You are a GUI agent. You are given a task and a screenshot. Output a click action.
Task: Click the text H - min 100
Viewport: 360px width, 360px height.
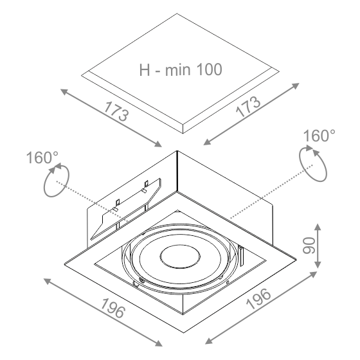point(181,69)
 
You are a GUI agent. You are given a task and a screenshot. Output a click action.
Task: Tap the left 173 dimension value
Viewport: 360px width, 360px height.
point(116,112)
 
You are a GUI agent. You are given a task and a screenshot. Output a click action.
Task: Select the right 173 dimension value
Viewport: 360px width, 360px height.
point(248,107)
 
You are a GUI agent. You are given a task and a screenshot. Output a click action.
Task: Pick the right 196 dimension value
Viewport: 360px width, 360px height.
point(258,299)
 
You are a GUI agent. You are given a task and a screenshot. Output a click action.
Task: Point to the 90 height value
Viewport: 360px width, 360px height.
point(309,246)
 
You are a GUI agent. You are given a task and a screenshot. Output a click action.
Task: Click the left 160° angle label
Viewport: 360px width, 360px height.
point(42,157)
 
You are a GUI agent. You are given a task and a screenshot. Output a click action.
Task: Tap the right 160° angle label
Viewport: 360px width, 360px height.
point(319,136)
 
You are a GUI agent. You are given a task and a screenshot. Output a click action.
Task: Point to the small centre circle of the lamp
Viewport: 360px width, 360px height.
point(180,257)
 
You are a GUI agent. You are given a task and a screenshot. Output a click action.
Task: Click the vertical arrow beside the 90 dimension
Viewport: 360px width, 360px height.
point(318,246)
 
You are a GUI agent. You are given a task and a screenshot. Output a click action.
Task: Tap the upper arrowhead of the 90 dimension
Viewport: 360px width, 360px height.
point(318,227)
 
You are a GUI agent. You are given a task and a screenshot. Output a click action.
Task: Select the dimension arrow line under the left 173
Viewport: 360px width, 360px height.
point(111,118)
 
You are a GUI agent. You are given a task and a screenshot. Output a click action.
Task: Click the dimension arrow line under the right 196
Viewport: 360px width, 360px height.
point(261,308)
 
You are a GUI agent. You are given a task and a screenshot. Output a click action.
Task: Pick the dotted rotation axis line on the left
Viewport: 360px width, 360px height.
point(91,201)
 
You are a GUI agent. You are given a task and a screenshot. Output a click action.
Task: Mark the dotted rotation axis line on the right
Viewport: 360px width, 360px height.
point(271,192)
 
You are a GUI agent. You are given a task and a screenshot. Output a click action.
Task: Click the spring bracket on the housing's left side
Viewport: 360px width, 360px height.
point(126,209)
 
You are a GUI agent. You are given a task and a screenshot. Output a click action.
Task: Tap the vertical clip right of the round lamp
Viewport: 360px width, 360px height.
point(241,256)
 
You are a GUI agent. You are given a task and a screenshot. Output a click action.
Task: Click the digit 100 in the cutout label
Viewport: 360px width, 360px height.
point(210,69)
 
